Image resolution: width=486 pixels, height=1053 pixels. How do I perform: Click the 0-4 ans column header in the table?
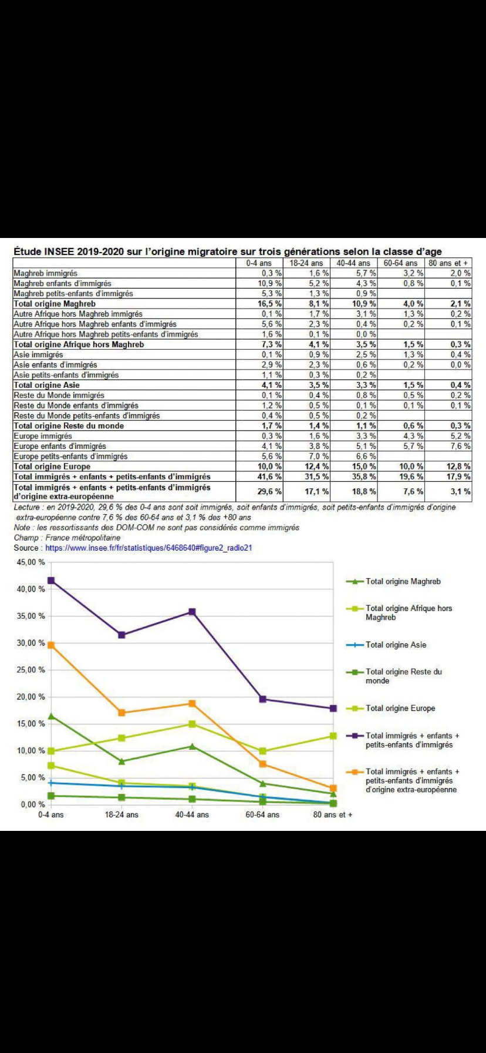(259, 263)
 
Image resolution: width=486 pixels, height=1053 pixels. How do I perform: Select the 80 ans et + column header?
(448, 263)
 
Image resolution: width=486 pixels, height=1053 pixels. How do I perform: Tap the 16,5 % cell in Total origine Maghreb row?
(271, 304)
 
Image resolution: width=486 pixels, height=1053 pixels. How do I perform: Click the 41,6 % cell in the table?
(270, 477)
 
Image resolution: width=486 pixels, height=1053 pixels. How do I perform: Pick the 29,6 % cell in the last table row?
(270, 491)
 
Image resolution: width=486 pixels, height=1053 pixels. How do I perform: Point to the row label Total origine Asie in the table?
(46, 385)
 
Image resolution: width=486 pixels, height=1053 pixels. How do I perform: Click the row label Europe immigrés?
(43, 436)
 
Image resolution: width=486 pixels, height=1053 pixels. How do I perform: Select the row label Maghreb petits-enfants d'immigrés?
(73, 293)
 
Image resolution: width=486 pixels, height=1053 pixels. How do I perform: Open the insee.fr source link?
(148, 548)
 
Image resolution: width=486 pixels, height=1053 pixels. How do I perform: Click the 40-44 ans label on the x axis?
(192, 815)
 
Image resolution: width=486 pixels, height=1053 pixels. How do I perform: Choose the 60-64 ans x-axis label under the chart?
(262, 815)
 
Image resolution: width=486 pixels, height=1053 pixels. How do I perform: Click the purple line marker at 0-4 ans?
(51, 581)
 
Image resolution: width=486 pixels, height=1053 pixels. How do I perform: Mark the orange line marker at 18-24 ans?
(122, 713)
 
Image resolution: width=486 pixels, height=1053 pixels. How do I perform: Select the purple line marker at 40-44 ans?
(192, 612)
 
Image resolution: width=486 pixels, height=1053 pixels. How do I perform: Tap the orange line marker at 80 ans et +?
(333, 788)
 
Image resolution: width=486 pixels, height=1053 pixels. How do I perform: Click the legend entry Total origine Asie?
(396, 645)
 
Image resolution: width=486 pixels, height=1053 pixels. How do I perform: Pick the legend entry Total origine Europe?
(400, 708)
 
